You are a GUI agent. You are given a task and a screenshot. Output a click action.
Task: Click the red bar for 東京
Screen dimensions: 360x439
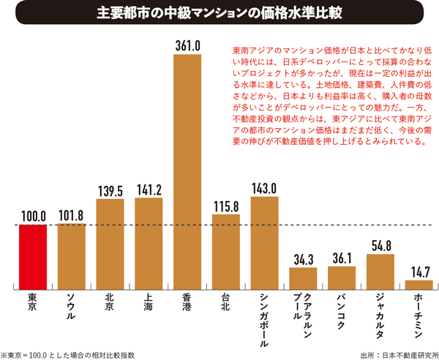(33, 255)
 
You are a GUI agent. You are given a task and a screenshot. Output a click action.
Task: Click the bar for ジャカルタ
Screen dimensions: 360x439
(380, 270)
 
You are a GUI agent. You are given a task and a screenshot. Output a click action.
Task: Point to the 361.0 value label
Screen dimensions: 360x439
(188, 45)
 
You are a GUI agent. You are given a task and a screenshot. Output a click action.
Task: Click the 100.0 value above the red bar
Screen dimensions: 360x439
(33, 217)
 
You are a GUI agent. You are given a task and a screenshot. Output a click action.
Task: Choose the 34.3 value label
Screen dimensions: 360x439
(303, 259)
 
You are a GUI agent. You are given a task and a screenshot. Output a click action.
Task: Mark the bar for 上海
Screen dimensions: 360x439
(149, 242)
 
